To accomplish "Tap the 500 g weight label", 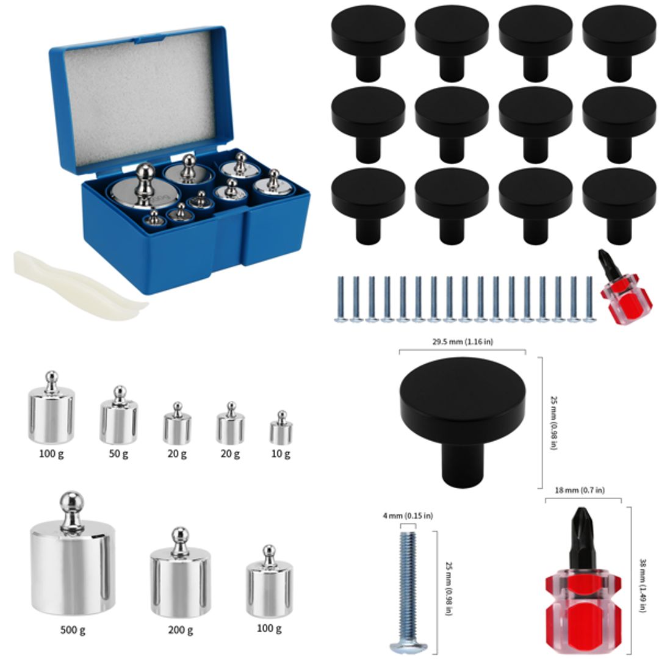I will coord(73,630).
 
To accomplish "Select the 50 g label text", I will coord(118,453).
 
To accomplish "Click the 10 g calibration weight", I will coord(281,431).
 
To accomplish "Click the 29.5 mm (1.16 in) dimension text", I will coord(463,342).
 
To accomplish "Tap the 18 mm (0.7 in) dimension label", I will coord(580,490).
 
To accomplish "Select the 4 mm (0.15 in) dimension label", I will coord(408,516).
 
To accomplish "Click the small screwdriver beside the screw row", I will coord(618,287).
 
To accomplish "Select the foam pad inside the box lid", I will coord(140,98).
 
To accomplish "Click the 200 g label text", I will coord(180,630).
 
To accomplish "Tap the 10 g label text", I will coord(281,453).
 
